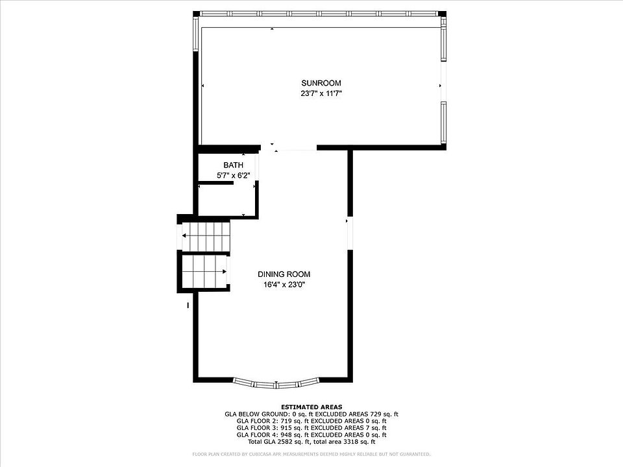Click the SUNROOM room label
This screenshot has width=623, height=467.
(x=321, y=83)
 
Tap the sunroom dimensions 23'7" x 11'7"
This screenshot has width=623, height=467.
(x=321, y=93)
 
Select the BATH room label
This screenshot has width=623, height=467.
(x=233, y=165)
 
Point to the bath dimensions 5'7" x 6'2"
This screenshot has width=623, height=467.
(x=233, y=175)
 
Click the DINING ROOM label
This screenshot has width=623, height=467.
(x=284, y=274)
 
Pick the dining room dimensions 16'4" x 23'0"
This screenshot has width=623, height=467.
(x=284, y=284)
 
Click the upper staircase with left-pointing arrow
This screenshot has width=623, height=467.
(x=206, y=237)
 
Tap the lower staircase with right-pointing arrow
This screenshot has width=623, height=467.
(x=204, y=272)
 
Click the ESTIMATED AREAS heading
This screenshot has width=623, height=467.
(x=311, y=407)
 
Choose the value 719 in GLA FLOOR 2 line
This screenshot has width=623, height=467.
(x=286, y=421)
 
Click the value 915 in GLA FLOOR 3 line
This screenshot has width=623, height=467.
(x=286, y=427)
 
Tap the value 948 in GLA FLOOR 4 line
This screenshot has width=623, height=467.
(x=286, y=435)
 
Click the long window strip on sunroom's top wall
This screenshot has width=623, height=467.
(x=319, y=14)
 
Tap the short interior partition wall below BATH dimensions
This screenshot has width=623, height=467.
(x=215, y=183)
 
